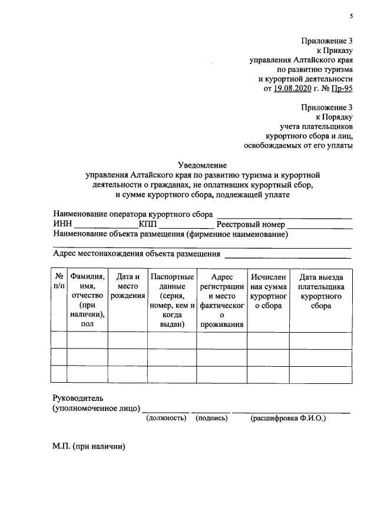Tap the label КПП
pyautogui.click(x=148, y=225)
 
